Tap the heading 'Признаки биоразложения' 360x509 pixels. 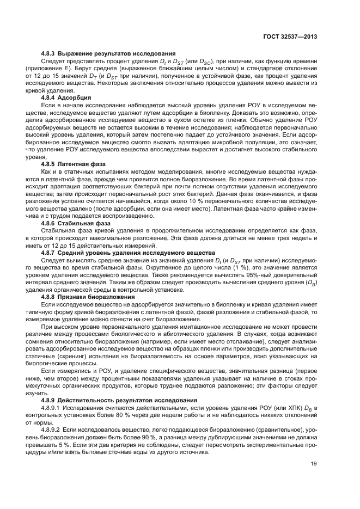coord(96,297)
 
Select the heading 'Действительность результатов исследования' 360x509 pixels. coord(127,400)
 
